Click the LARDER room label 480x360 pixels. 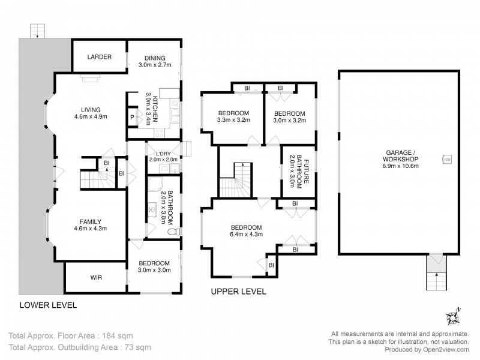pyautogui.click(x=99, y=57)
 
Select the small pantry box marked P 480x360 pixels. pyautogui.click(x=132, y=118)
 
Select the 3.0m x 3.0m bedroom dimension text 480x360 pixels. pyautogui.click(x=155, y=270)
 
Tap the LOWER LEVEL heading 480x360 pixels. pyautogui.click(x=48, y=305)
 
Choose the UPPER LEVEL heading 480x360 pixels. pyautogui.click(x=238, y=292)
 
